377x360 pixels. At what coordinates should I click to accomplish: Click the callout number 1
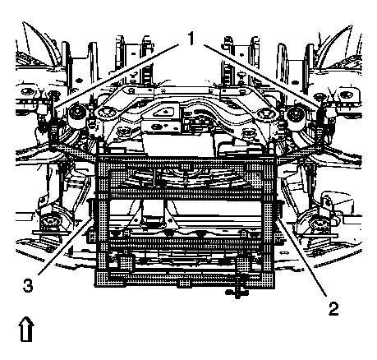(190, 39)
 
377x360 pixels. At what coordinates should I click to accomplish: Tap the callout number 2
(333, 309)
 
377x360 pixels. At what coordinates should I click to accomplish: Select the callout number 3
(28, 285)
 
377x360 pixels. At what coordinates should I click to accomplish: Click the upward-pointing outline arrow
(26, 330)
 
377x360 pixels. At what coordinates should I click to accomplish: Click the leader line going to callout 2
(301, 259)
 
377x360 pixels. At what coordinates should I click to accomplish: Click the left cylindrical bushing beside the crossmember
(76, 114)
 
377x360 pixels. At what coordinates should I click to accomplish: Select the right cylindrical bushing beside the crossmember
(297, 115)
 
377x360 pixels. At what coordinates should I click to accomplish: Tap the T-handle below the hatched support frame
(237, 291)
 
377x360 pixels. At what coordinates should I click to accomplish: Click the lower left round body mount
(50, 222)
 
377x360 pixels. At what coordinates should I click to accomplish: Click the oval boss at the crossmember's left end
(104, 112)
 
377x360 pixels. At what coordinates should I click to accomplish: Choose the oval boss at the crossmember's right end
(264, 113)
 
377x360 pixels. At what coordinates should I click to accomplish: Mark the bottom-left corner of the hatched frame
(95, 286)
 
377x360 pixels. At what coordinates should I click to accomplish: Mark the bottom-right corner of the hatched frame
(274, 287)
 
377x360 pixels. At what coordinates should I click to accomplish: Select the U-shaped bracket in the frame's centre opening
(154, 215)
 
